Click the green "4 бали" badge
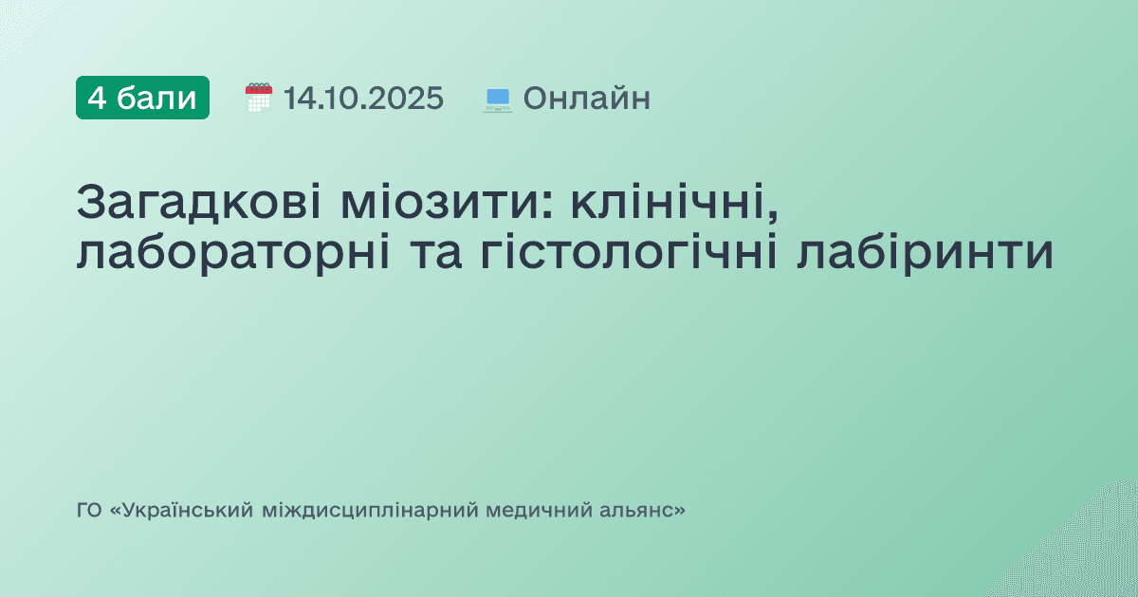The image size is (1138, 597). pos(142,98)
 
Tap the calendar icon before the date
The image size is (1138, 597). pos(258,98)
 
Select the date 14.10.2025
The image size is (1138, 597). pos(363,98)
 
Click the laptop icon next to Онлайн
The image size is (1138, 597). pos(498,99)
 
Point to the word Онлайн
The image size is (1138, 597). pos(586,98)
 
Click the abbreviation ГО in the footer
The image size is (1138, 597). pos(88,511)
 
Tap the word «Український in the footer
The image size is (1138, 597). pos(181,511)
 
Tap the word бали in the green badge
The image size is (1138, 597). pos(157,98)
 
